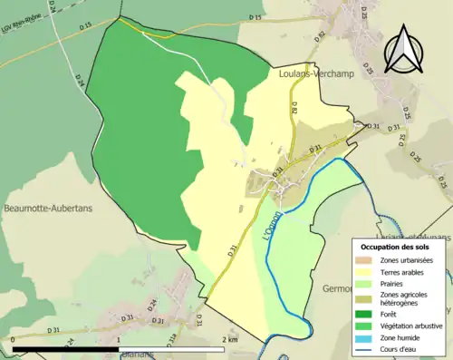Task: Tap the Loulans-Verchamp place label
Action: (x=311, y=77)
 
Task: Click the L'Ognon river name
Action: (x=272, y=238)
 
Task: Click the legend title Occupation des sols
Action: (x=396, y=247)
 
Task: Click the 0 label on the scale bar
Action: (x=14, y=339)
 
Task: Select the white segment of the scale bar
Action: (x=173, y=349)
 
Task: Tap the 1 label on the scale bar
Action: (x=119, y=339)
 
